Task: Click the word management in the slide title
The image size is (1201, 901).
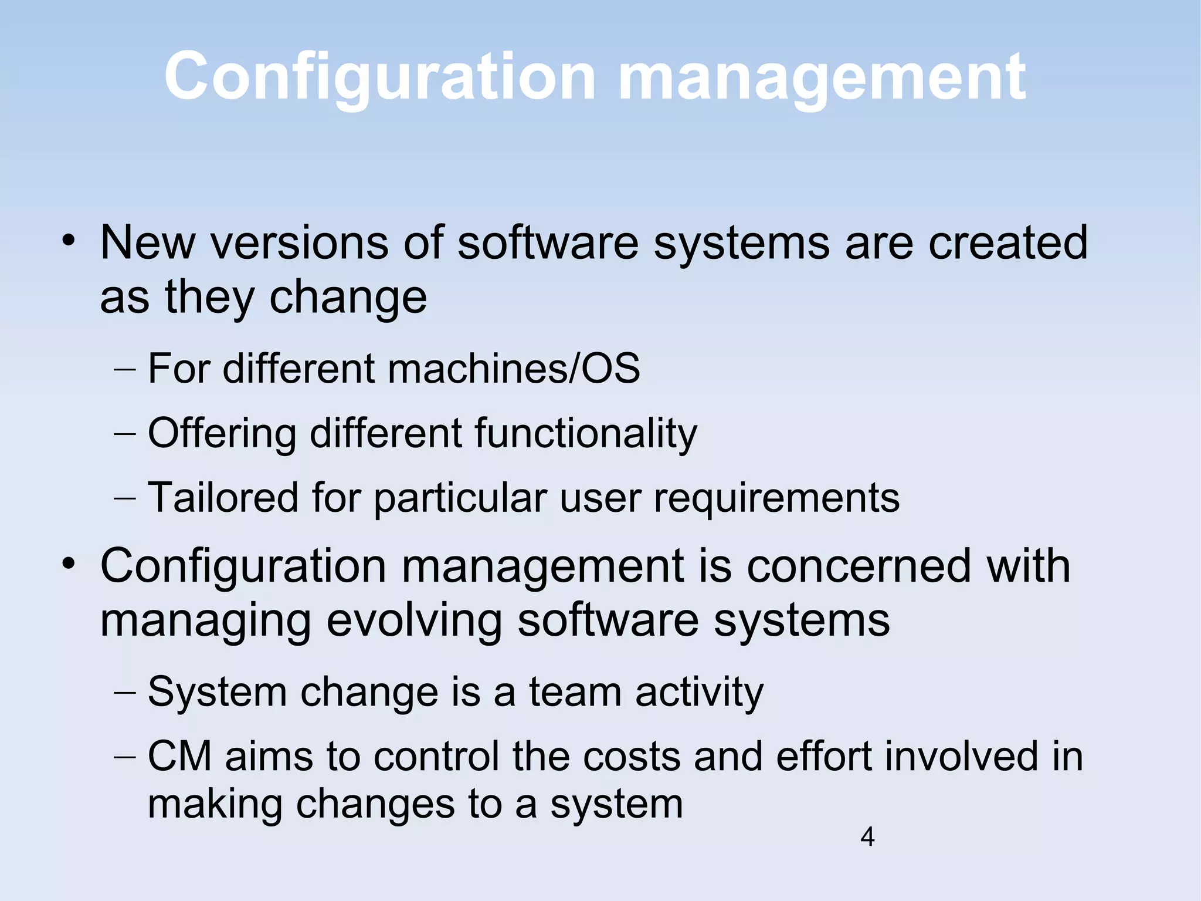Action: tap(822, 78)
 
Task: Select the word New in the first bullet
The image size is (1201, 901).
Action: tap(147, 242)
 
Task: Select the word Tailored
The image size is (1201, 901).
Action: tap(222, 498)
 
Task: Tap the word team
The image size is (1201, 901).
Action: tap(575, 692)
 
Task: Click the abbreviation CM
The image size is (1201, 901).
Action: tap(179, 756)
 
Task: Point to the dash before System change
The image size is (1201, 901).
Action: tap(124, 693)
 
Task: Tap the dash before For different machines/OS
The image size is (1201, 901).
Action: tap(124, 370)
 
